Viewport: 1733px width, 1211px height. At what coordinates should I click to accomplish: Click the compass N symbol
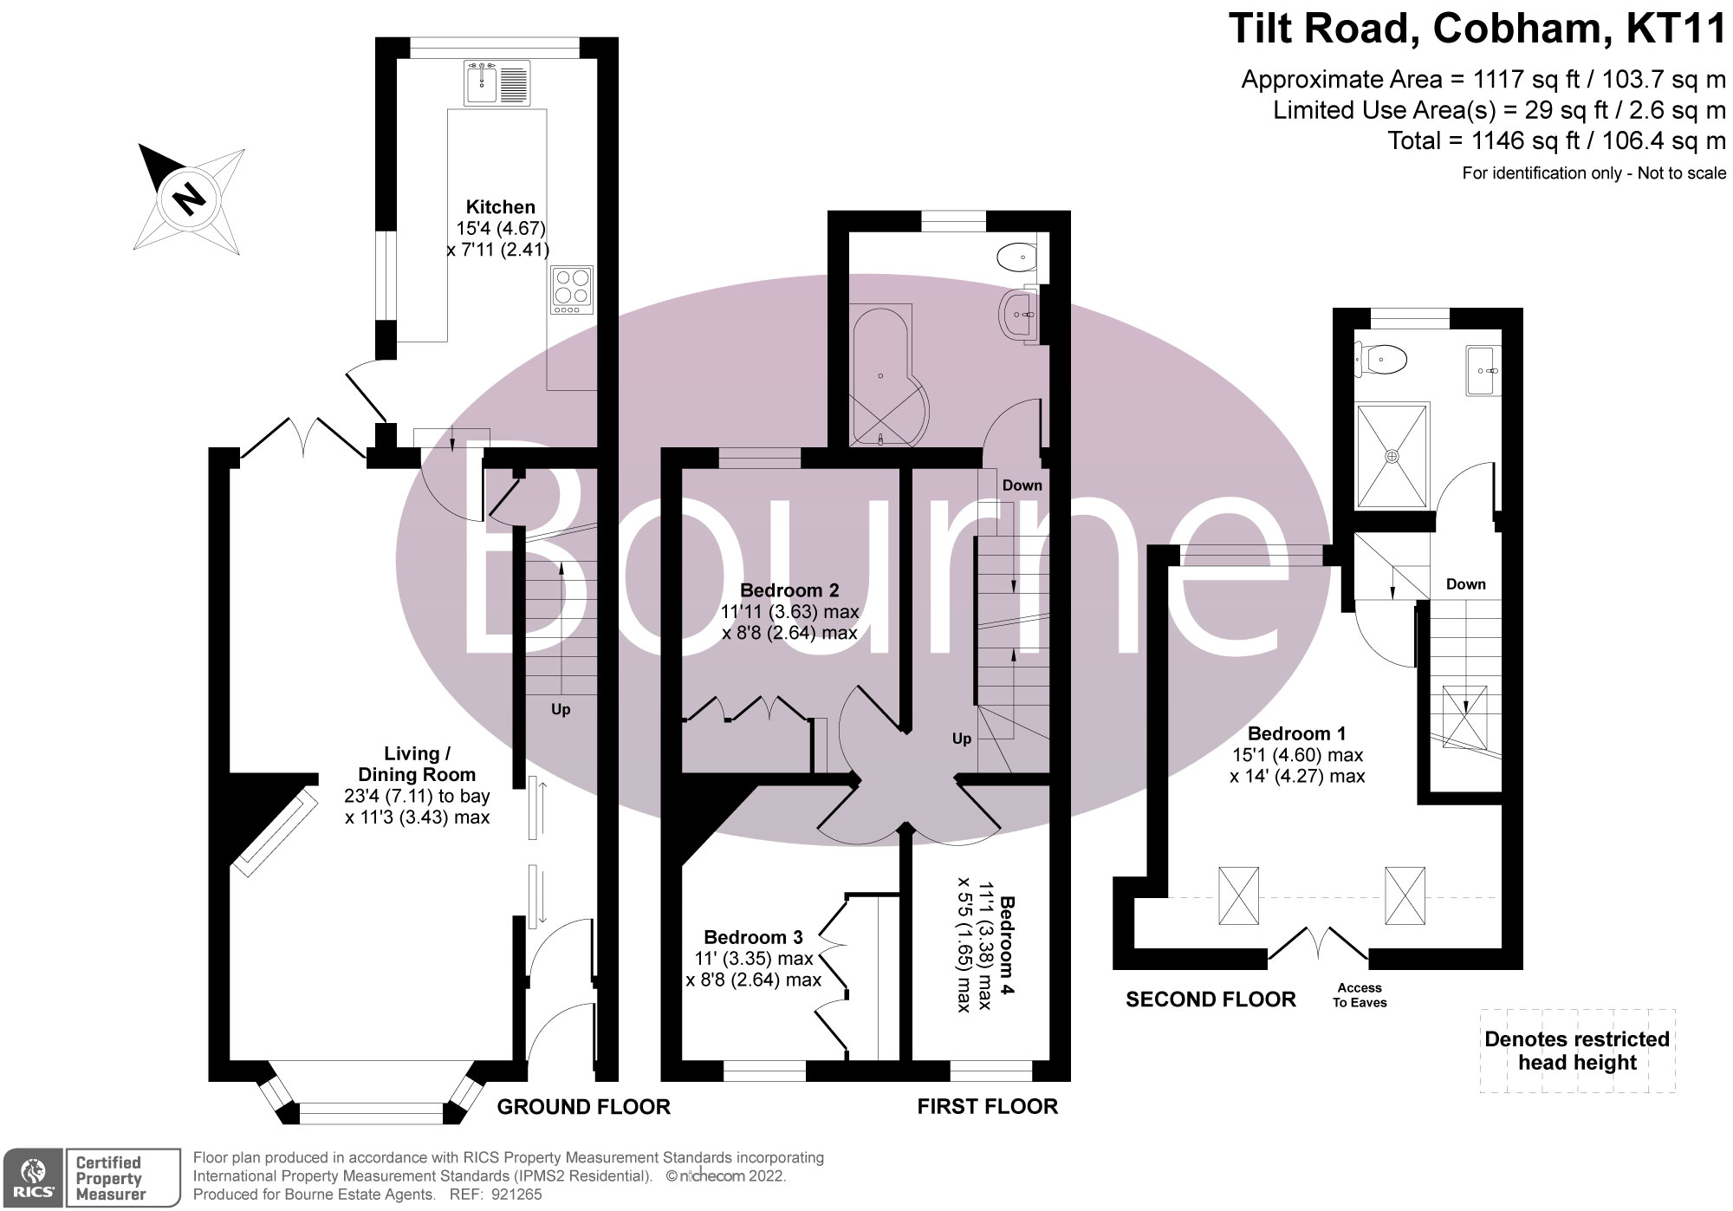point(188,199)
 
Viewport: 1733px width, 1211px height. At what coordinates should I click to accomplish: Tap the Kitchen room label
point(500,207)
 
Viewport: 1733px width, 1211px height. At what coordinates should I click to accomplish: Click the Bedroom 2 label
point(789,590)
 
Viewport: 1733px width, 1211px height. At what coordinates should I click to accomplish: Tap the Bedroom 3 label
point(753,937)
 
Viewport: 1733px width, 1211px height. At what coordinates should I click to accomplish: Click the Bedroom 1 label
point(1296,733)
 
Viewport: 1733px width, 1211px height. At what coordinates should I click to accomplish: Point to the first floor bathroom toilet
point(1016,257)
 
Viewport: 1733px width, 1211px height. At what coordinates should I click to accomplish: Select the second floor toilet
point(1383,358)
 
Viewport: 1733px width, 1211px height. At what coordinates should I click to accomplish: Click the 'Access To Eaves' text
point(1360,995)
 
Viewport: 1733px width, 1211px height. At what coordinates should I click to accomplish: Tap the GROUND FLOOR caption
point(583,1107)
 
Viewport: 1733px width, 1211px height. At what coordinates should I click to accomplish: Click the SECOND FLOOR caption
point(1211,999)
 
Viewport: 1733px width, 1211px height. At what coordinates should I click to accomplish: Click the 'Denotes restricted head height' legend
point(1577,1051)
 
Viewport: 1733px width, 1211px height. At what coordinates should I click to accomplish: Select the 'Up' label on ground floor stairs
point(561,709)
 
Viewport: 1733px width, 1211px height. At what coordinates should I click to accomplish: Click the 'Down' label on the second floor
point(1465,584)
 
